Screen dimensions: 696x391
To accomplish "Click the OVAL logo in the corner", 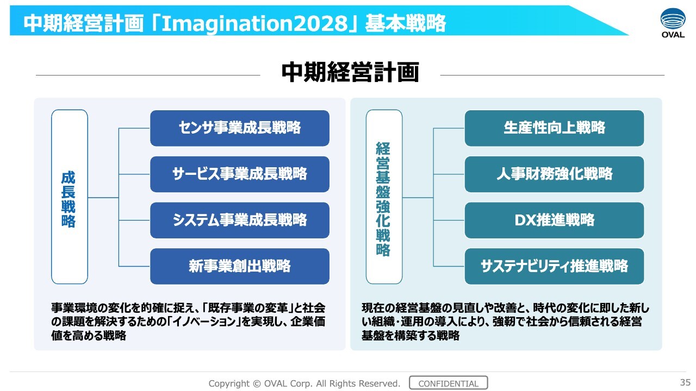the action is (673, 23).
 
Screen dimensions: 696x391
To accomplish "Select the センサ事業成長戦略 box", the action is (240, 128).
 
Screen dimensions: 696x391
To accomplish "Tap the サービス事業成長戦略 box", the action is (240, 174).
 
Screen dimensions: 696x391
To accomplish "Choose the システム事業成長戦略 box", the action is (240, 220).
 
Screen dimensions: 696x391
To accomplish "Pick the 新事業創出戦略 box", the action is (240, 266).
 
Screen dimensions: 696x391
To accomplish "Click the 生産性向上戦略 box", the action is (554, 128).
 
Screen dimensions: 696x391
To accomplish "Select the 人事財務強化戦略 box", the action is (554, 174).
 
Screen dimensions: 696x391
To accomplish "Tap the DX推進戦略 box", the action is (554, 220).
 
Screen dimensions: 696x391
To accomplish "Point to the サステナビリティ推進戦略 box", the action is (554, 266).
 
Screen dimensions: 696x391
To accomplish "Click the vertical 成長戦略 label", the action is (69, 199).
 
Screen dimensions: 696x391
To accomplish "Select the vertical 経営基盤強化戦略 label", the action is (383, 199).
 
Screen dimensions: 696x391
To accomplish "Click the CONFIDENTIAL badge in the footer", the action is (449, 383).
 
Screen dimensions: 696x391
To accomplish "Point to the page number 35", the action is (685, 382).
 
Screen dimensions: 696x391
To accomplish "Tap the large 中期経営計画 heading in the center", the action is (350, 72).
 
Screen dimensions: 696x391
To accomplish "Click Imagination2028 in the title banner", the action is (254, 23).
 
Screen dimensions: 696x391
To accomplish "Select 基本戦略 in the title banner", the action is (406, 23).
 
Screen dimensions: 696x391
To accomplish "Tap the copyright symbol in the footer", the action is (257, 383).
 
